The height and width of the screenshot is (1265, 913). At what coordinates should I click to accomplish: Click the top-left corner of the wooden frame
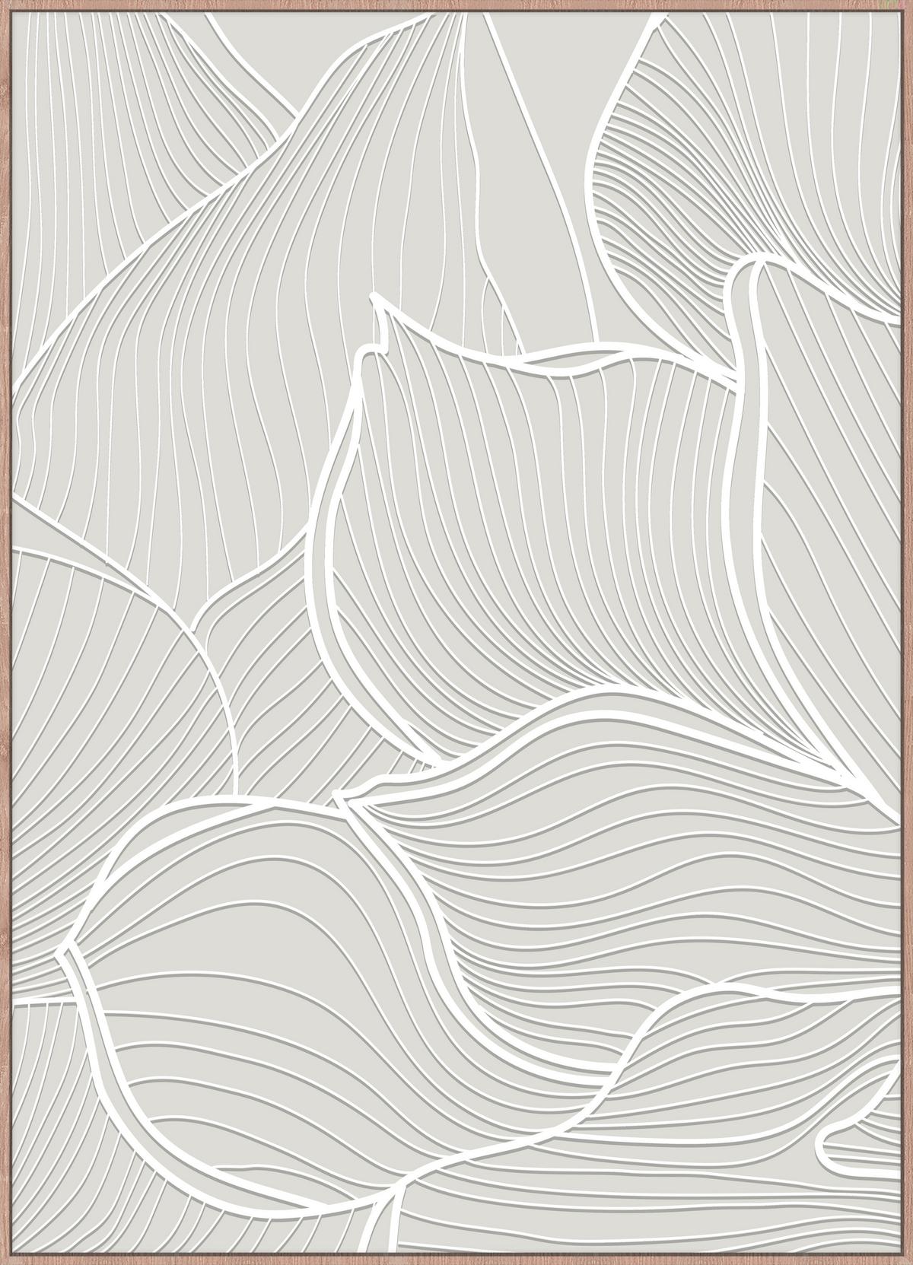click(2, 2)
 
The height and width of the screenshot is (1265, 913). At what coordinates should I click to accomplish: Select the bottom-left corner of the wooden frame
click(2, 1262)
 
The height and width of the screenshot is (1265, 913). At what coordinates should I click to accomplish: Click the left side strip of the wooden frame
click(6, 631)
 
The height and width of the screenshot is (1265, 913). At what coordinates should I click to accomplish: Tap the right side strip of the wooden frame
click(906, 631)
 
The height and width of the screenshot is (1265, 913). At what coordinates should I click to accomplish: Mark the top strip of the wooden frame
click(456, 5)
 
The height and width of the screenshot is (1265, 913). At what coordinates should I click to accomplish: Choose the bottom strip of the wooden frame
click(456, 1259)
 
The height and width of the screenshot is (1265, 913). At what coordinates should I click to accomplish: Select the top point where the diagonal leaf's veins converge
click(460, 17)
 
